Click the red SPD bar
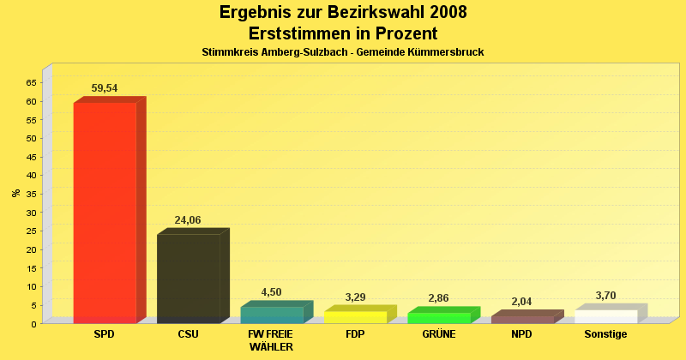pos(105,212)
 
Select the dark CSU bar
pos(188,279)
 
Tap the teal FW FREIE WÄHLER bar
pos(272,315)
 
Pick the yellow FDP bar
pos(355,317)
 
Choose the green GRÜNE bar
pos(439,318)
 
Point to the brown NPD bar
pos(522,320)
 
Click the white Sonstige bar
pos(605,316)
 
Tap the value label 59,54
pos(105,88)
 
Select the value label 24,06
pos(188,220)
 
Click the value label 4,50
pos(271,292)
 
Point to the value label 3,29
pos(355,297)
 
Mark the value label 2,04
pos(522,302)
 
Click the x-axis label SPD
pos(105,334)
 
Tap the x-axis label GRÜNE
pos(439,334)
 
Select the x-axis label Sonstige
pos(605,334)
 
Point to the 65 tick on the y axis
pos(31,82)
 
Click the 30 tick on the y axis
pos(31,213)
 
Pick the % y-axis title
pos(15,193)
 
